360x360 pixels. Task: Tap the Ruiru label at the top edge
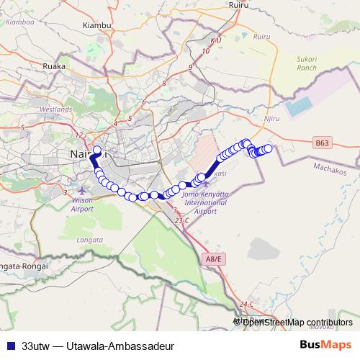[238, 6]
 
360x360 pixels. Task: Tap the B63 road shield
[323, 143]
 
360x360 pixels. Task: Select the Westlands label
[56, 109]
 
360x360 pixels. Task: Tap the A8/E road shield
[213, 259]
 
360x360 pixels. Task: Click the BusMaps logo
[325, 344]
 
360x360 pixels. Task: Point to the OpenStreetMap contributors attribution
[297, 322]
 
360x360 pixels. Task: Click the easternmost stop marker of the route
[268, 148]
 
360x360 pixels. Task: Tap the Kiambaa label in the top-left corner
[14, 22]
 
